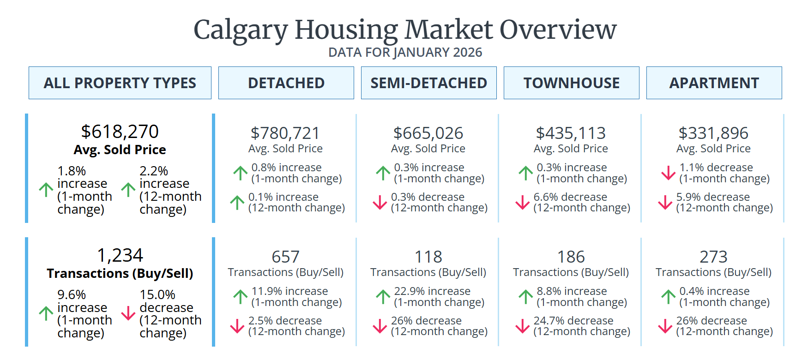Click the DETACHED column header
pos(286,83)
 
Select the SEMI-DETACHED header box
pos(428,83)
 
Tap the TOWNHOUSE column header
pos(571,83)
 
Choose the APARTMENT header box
pos(714,83)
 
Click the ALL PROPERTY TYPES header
pos(120,83)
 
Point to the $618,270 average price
pos(120,132)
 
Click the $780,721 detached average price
pos(285,133)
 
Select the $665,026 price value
pos(428,133)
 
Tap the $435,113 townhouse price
pos(571,133)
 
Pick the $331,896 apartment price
pos(713,133)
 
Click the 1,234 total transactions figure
pos(120,255)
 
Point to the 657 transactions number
pos(285,257)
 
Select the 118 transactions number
pos(428,257)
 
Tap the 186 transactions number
pos(571,257)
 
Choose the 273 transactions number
pos(713,257)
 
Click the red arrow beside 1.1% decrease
pos(668,173)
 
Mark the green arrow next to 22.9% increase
pos(383,297)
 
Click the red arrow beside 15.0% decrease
pos(128,313)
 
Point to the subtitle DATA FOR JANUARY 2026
pos(405,53)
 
